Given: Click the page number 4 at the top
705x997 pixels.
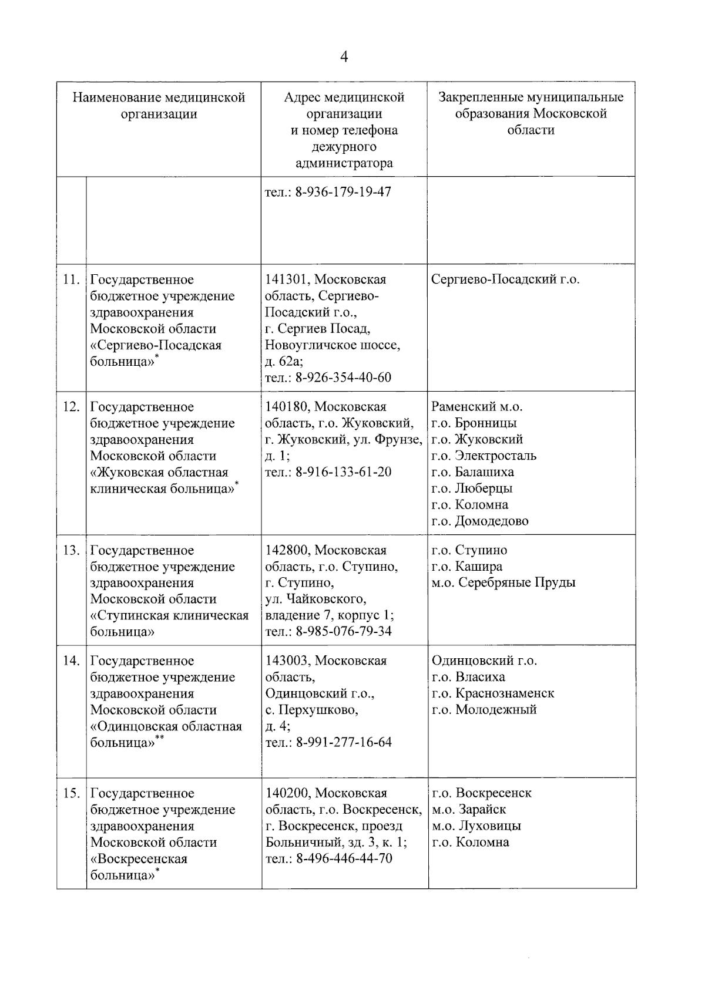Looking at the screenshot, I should coord(344,57).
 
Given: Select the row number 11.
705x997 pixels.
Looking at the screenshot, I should coord(71,279).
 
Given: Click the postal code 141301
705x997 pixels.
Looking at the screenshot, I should coord(287,279).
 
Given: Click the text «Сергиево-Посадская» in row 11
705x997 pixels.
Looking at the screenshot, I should coord(156,345).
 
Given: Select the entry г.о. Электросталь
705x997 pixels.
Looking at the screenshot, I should coord(484,456).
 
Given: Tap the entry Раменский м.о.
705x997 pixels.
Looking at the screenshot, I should coord(476,406).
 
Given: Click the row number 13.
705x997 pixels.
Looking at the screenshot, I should coord(71,550).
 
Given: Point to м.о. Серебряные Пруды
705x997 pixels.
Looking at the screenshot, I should coord(503,582).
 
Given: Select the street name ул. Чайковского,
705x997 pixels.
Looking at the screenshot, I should coord(316,599).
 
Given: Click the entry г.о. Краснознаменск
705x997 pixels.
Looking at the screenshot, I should coord(493,693).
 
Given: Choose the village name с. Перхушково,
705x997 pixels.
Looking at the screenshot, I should coord(312,710).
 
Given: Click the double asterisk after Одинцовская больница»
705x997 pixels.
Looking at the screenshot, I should coord(159,738).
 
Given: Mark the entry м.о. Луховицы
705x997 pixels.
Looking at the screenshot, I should coord(476,826).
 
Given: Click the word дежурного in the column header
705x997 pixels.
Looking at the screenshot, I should coord(344,147).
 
